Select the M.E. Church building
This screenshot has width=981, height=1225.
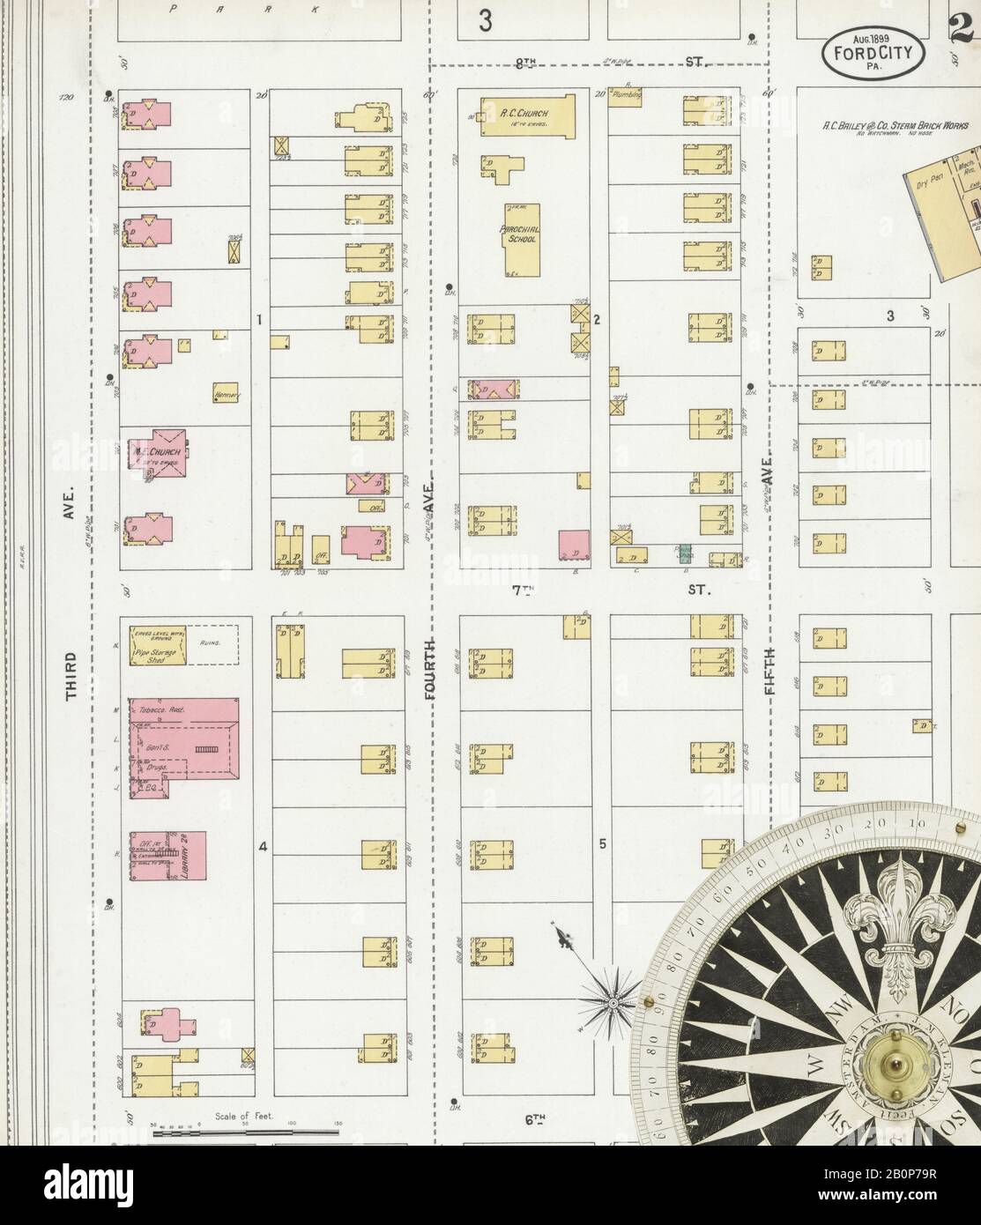[x=159, y=454]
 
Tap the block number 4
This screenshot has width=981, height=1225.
[x=262, y=847]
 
